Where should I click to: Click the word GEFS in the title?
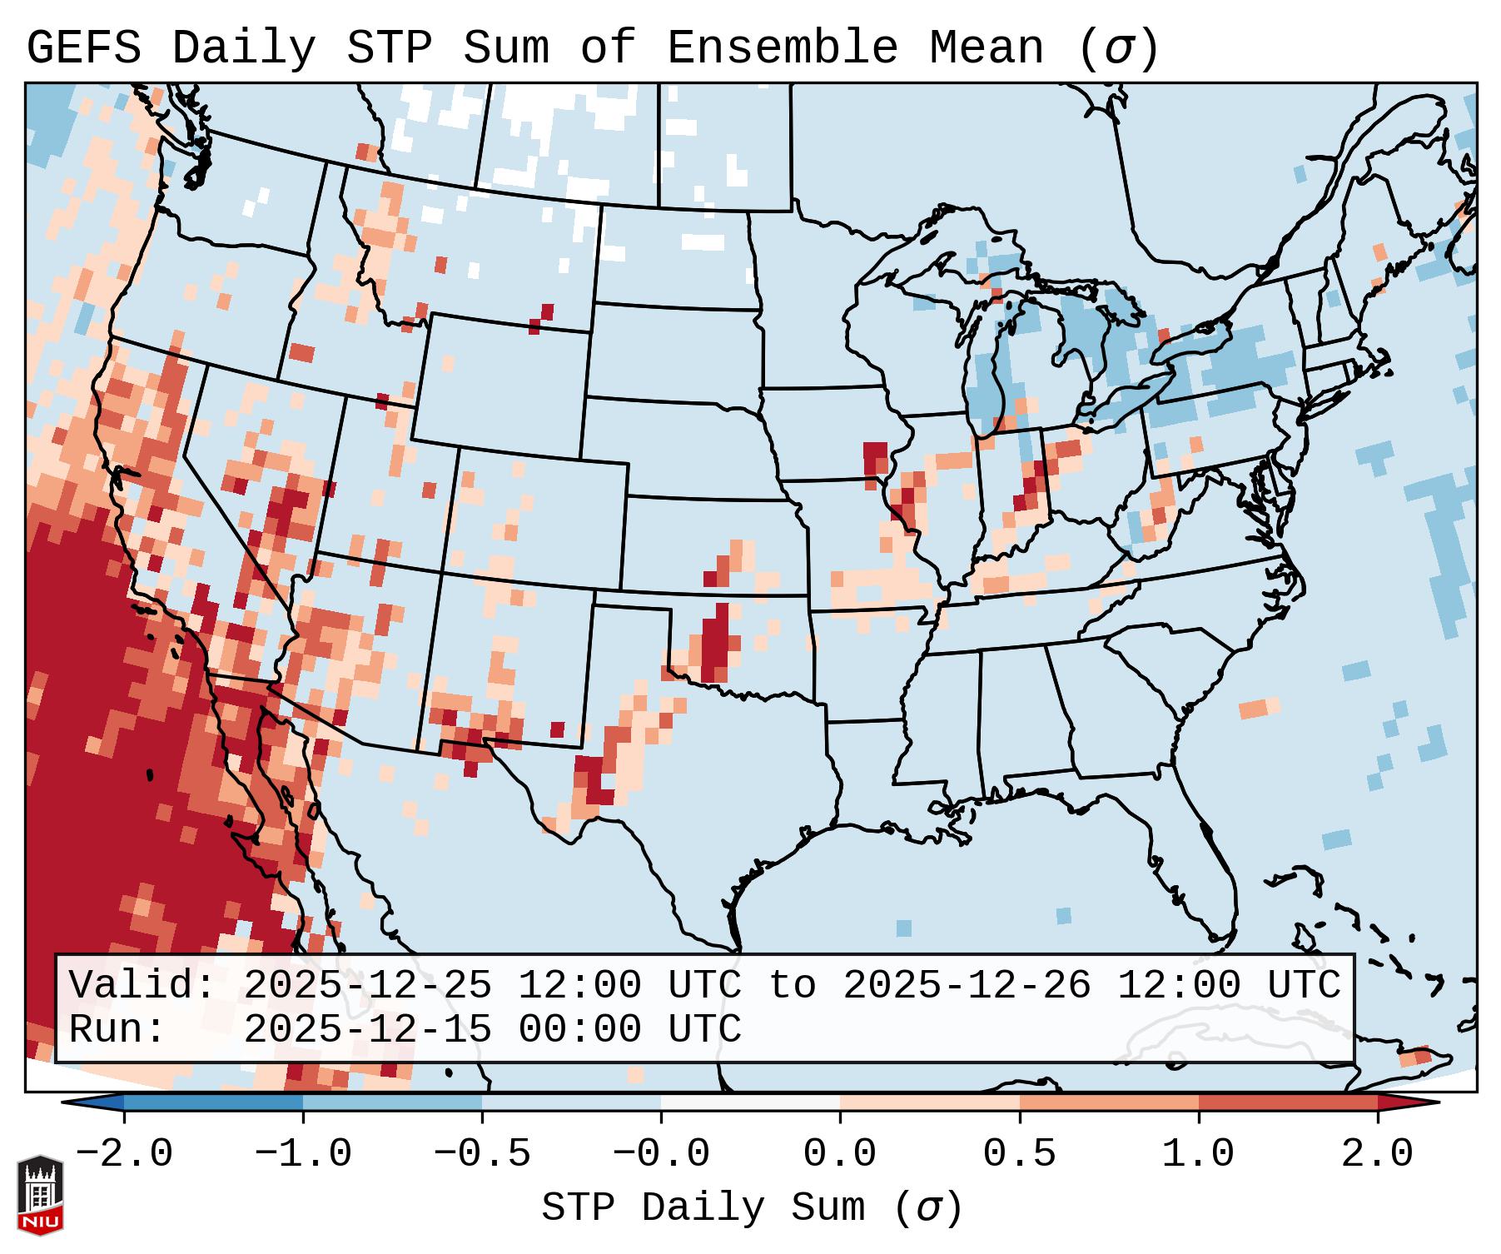pyautogui.click(x=84, y=48)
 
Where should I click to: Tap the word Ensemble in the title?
pyautogui.click(x=783, y=48)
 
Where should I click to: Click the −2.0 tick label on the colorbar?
pyautogui.click(x=124, y=1154)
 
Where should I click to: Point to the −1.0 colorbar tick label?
pyautogui.click(x=303, y=1154)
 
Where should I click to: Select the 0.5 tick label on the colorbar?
pyautogui.click(x=1019, y=1154)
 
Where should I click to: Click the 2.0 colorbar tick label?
pyautogui.click(x=1377, y=1154)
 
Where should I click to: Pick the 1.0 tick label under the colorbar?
pyautogui.click(x=1198, y=1154)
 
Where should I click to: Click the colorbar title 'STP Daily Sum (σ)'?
pyautogui.click(x=752, y=1208)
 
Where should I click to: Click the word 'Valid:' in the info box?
pyautogui.click(x=142, y=986)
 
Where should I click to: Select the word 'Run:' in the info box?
pyautogui.click(x=117, y=1030)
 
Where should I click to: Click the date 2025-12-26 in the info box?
pyautogui.click(x=967, y=986)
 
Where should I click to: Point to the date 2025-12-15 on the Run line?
pyautogui.click(x=367, y=1030)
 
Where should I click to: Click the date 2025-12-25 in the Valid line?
pyautogui.click(x=367, y=986)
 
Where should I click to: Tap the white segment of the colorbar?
pyautogui.click(x=750, y=1102)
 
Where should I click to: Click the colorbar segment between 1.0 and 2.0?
pyautogui.click(x=1288, y=1102)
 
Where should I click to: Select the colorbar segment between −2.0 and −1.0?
pyautogui.click(x=213, y=1102)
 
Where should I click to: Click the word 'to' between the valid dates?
pyautogui.click(x=792, y=986)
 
